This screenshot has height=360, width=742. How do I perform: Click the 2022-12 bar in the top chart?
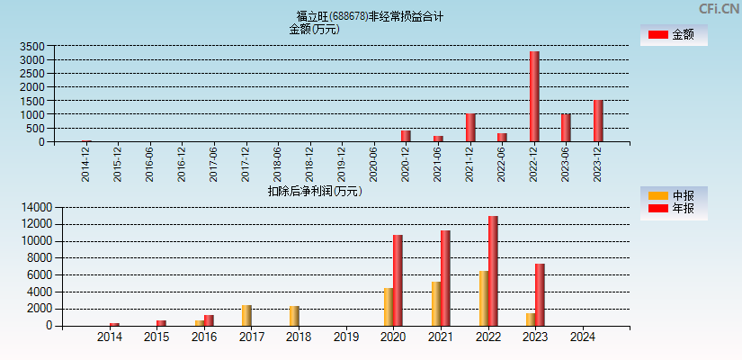534,96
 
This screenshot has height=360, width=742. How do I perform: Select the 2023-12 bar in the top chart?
598,121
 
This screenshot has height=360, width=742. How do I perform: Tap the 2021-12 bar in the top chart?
470,127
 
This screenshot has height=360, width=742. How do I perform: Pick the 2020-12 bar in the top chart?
406,136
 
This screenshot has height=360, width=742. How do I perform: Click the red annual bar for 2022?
493,270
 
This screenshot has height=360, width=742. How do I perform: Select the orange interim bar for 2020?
389,307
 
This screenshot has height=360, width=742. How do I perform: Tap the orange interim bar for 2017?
246,315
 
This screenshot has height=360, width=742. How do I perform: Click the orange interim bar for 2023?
531,319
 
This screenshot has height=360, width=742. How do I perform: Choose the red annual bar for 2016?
209,319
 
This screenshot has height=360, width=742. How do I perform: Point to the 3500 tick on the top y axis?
31,46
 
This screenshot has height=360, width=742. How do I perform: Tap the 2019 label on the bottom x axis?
346,337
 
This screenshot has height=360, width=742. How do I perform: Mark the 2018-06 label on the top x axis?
277,165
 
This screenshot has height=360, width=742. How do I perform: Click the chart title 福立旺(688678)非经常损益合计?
370,16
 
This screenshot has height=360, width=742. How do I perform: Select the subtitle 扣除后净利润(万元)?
314,191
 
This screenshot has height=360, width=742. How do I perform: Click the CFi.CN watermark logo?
719,8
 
